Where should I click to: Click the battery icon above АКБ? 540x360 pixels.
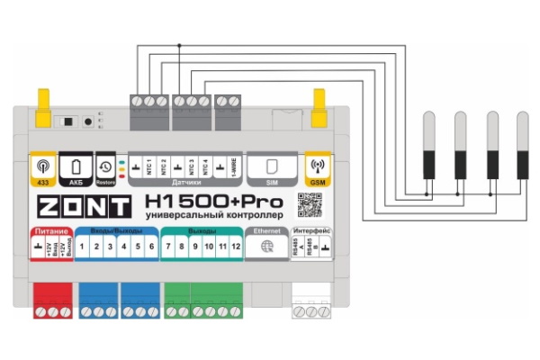point(76,166)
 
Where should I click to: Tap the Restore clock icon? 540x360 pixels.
point(105,166)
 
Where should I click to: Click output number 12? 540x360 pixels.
point(236,247)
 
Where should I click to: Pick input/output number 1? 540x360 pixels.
point(82,247)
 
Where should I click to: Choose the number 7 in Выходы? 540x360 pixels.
point(168,247)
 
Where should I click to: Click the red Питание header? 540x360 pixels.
point(48,232)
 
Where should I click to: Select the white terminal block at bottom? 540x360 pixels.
point(312,302)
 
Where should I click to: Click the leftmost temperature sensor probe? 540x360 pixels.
point(429,144)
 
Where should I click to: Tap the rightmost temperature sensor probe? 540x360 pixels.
point(521,144)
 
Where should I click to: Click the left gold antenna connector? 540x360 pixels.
point(42,108)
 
